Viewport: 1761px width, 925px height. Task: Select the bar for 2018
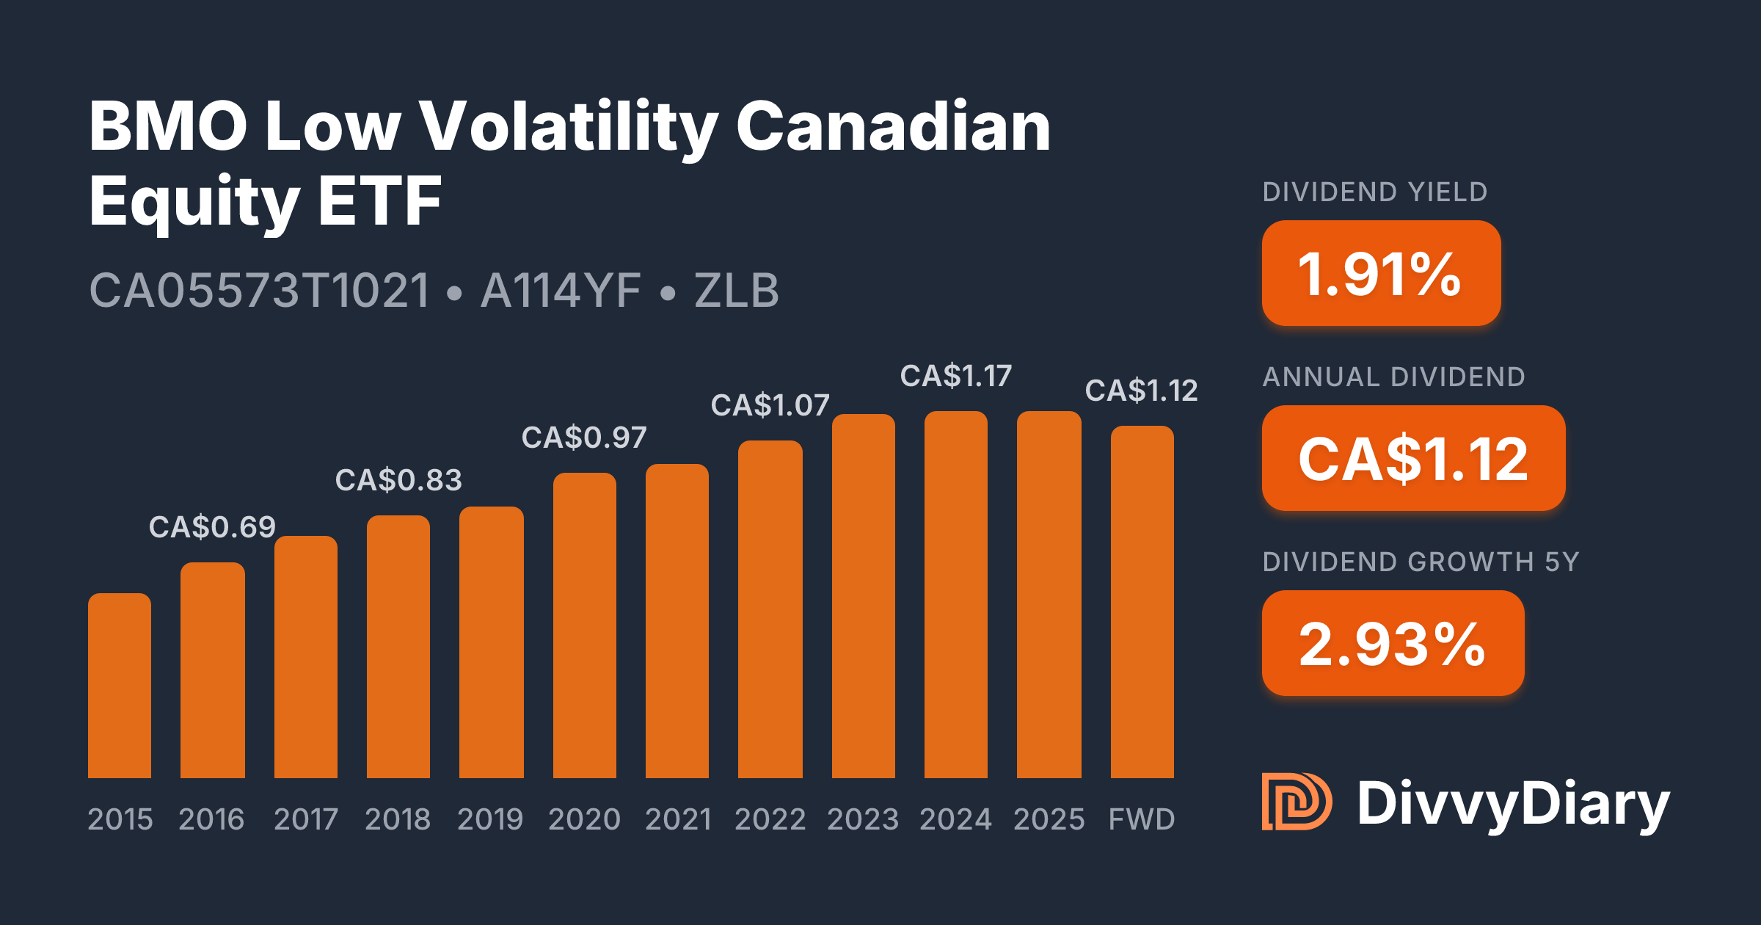click(398, 646)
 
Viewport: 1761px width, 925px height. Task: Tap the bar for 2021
click(677, 620)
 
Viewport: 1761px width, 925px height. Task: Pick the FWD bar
click(1142, 602)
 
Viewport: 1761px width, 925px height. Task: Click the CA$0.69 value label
click(212, 527)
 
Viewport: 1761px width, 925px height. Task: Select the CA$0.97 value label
click(584, 438)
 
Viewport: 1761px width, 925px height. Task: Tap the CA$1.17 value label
click(956, 376)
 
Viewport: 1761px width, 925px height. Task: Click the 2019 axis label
click(490, 819)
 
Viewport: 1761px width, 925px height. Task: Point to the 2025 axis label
click(1049, 819)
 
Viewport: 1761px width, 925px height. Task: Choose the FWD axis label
click(1142, 819)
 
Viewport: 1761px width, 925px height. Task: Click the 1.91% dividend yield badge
click(1381, 273)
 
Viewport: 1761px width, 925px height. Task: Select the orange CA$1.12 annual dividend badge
click(1413, 458)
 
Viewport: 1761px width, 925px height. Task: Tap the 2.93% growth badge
click(1393, 643)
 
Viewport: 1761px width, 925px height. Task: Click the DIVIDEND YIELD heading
click(1375, 192)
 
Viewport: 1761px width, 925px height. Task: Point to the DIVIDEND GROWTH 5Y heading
click(1421, 562)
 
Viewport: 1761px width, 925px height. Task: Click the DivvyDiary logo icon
click(1297, 802)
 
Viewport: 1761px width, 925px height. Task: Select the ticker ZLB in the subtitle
click(737, 291)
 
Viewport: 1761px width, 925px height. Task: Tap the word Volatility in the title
click(568, 126)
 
